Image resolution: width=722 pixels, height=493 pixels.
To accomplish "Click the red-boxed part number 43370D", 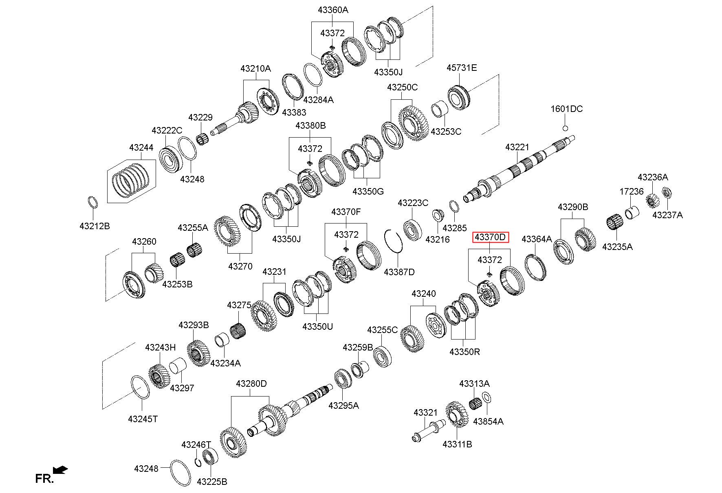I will click(x=491, y=237).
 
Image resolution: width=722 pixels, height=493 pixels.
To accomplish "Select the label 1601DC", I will click(x=566, y=109).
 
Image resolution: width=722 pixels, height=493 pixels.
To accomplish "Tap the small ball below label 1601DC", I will click(x=565, y=128).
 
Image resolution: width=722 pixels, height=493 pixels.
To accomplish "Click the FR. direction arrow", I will click(x=61, y=470).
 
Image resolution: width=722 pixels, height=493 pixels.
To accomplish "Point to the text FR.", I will click(x=44, y=479).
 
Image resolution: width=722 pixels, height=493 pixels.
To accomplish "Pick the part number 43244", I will click(x=141, y=147).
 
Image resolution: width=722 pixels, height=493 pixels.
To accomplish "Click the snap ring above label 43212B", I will click(x=93, y=202).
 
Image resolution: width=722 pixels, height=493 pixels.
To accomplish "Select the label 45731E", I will click(x=461, y=68).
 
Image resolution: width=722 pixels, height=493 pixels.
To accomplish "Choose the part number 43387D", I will click(x=399, y=272).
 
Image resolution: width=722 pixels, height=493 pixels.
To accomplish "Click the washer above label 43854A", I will click(x=486, y=397).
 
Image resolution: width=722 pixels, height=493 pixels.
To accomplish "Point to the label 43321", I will click(x=425, y=412).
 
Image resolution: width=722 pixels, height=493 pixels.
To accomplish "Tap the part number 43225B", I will click(x=212, y=482).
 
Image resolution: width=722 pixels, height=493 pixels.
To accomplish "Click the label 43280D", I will click(x=251, y=383).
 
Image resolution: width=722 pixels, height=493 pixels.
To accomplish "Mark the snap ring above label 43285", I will click(x=455, y=206).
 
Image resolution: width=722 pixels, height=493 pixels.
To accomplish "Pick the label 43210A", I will click(x=255, y=68).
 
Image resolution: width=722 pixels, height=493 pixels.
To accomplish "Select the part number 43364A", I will click(x=536, y=239).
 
